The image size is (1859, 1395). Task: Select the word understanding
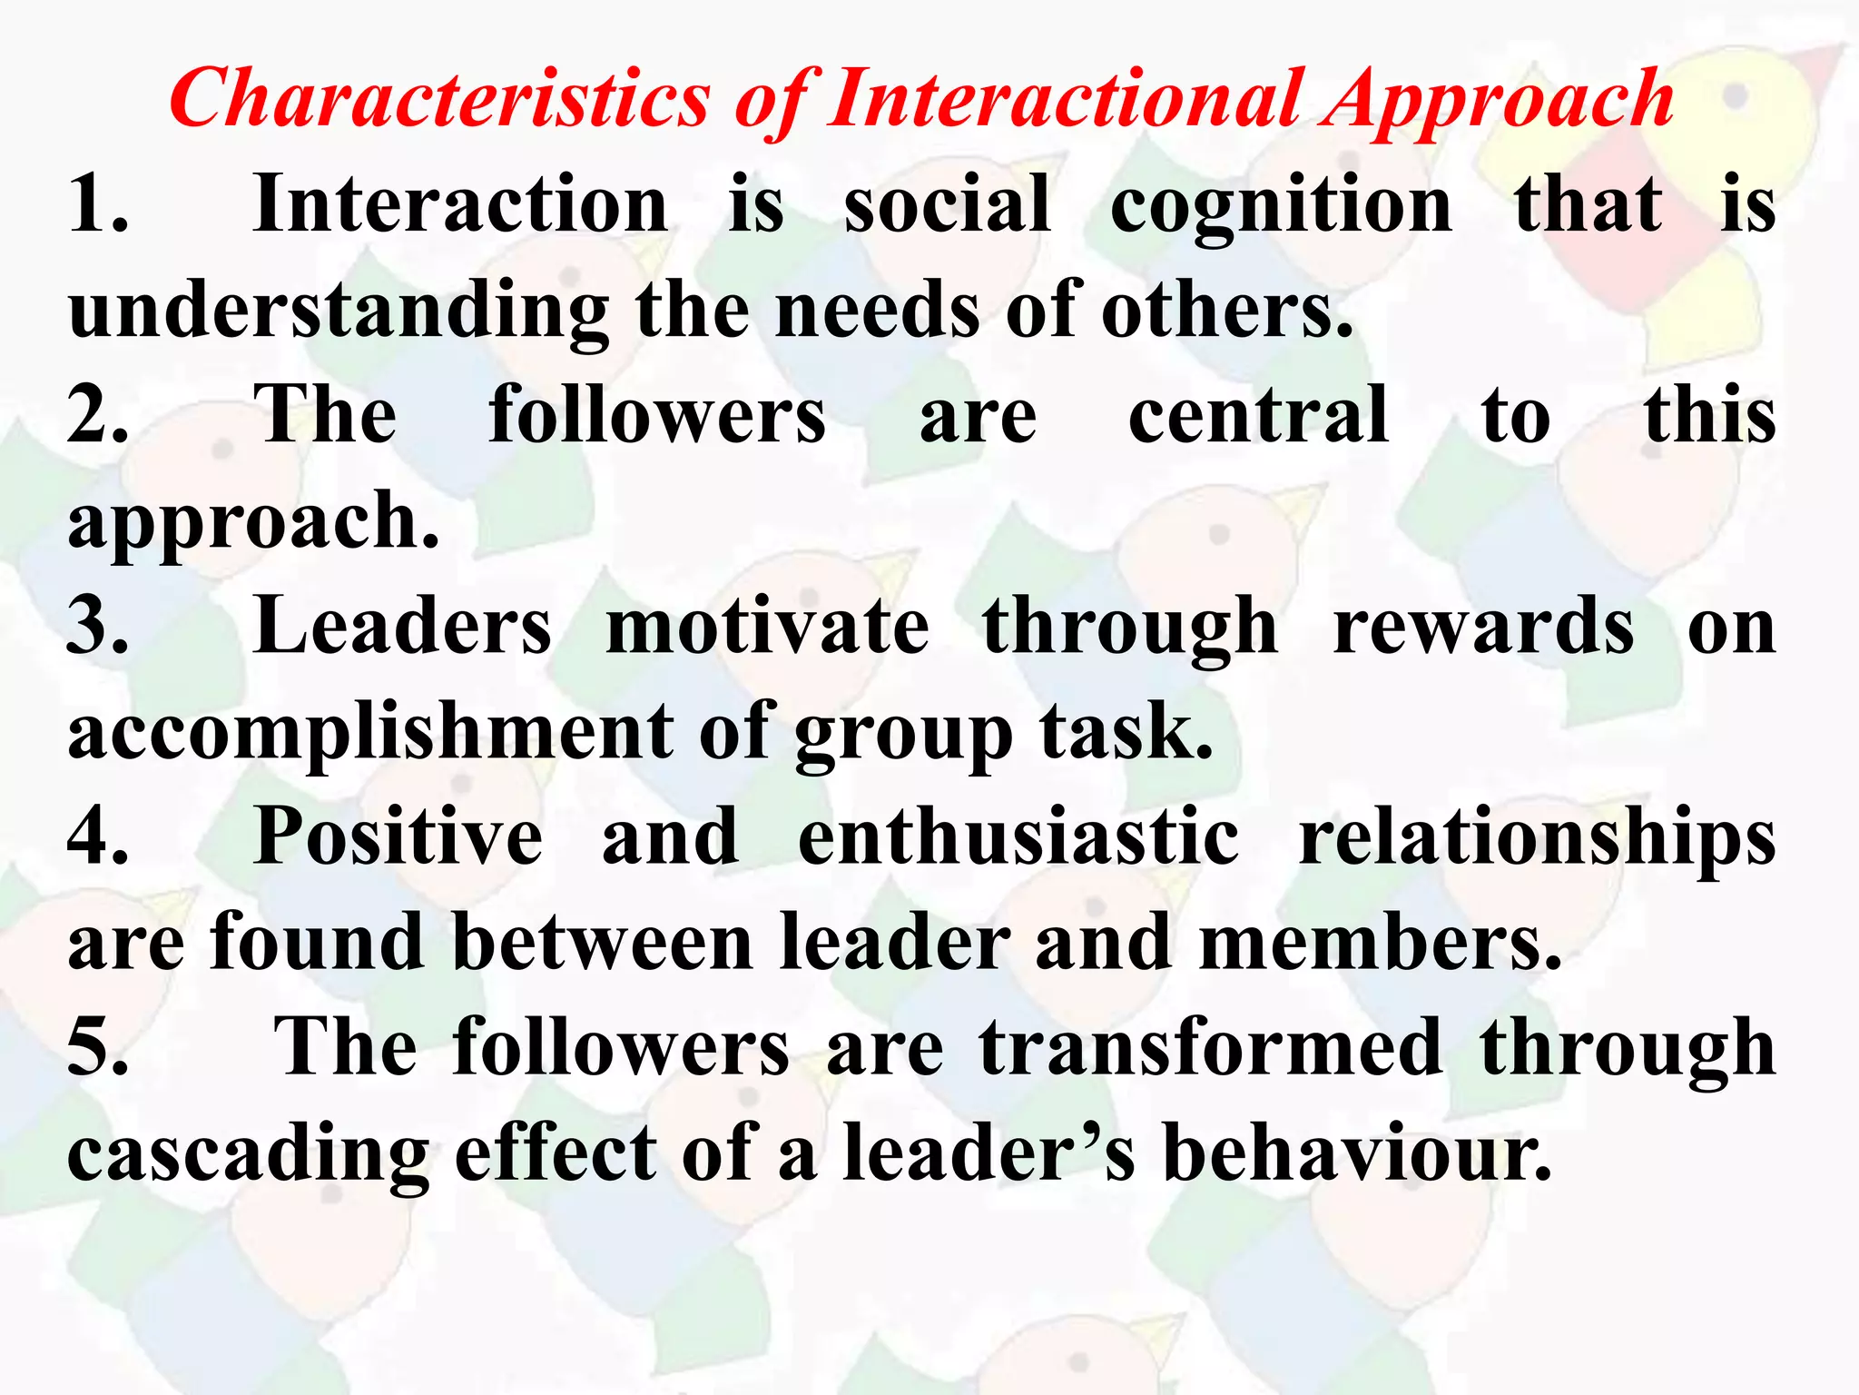coord(339,312)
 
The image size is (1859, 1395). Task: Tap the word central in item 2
coord(1258,415)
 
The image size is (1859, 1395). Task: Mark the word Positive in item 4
coord(398,836)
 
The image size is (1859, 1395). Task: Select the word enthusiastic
coord(1018,836)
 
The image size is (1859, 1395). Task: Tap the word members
coord(1380,943)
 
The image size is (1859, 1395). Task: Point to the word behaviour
coord(1357,1153)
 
